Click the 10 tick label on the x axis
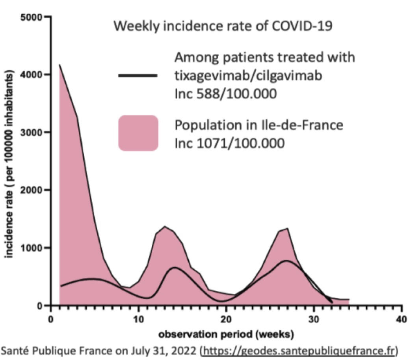(138, 319)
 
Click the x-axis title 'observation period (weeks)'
(226, 335)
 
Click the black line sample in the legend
(138, 75)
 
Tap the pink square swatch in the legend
(138, 133)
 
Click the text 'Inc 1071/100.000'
(229, 143)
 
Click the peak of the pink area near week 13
(164, 226)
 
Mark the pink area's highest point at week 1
(59, 65)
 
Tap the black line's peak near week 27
(287, 261)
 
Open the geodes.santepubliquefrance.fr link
(299, 350)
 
